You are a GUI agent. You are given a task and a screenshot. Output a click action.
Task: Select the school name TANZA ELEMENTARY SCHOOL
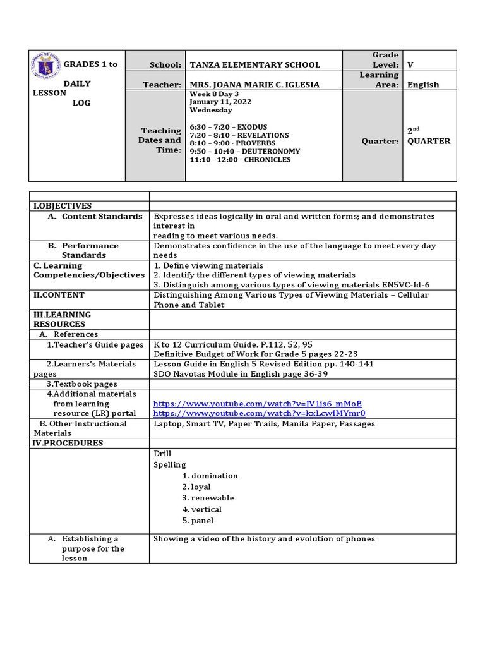coord(254,64)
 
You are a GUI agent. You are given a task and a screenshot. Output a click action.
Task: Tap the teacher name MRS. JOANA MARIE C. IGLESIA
coord(254,85)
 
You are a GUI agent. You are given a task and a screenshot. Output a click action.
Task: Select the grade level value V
coord(410,64)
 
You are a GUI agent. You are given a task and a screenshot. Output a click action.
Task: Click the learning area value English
coord(423,85)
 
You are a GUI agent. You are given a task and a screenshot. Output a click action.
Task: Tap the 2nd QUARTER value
coord(428,136)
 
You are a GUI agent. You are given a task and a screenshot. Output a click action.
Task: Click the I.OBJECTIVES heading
coord(63,206)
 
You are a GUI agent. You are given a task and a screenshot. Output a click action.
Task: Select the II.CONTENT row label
coord(59,295)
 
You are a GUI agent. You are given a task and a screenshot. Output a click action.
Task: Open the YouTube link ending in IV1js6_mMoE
coord(258,404)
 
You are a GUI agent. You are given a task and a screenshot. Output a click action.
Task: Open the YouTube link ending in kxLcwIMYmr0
coord(259,413)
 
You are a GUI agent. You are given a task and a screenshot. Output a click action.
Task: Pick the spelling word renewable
coord(212,498)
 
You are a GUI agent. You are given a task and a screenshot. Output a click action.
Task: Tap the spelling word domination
coord(214,476)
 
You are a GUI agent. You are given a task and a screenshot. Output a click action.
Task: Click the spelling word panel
coord(202,521)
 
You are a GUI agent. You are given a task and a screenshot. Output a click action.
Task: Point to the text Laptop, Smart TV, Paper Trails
coord(218,424)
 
